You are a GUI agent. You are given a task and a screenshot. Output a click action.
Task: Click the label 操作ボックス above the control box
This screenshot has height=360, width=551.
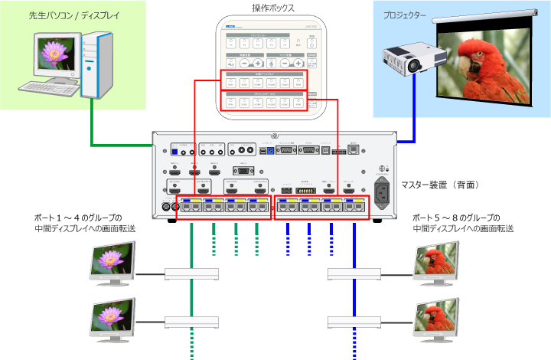point(273,8)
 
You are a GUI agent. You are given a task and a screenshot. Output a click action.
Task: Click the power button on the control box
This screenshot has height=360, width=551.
point(311,45)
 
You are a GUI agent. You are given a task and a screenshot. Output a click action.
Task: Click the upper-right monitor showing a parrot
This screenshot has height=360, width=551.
point(437,261)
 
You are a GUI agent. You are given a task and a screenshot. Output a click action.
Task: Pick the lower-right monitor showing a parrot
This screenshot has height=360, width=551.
point(437,315)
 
